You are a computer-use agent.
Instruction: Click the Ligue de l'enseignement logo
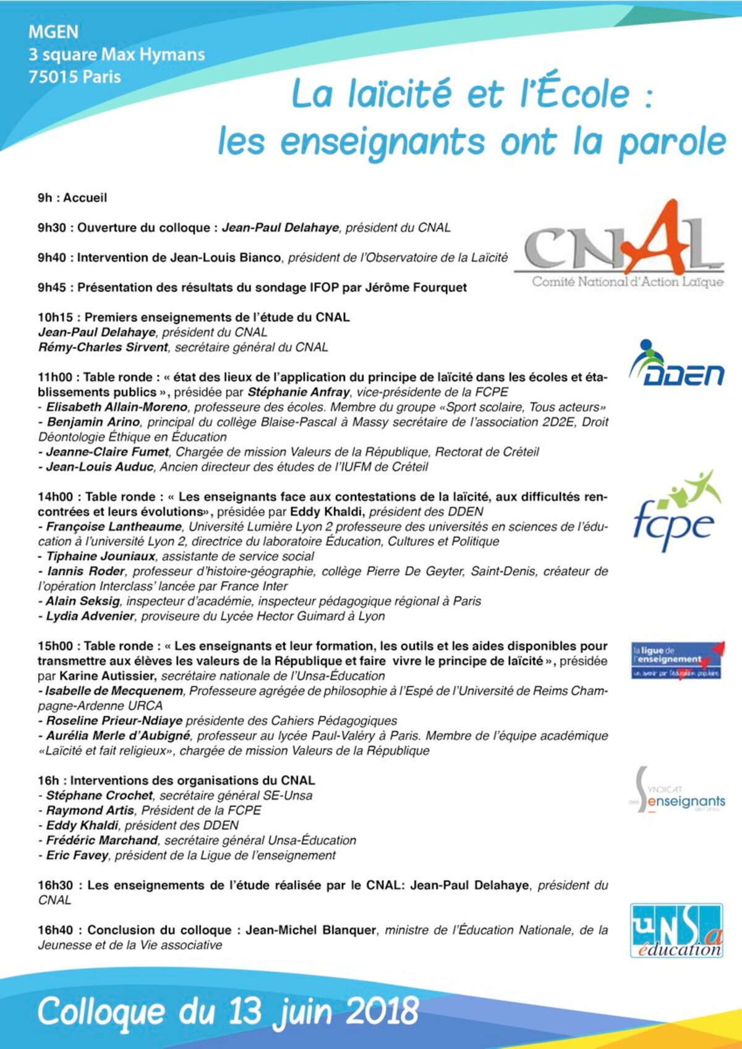tap(676, 661)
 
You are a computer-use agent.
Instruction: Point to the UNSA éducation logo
tap(676, 930)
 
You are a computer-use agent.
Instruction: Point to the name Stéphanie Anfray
tap(298, 392)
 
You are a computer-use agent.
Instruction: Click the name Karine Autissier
tap(107, 676)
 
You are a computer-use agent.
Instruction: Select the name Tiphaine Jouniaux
tap(100, 557)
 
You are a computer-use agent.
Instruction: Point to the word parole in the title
tap(672, 142)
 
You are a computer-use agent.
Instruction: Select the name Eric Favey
tap(77, 855)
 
